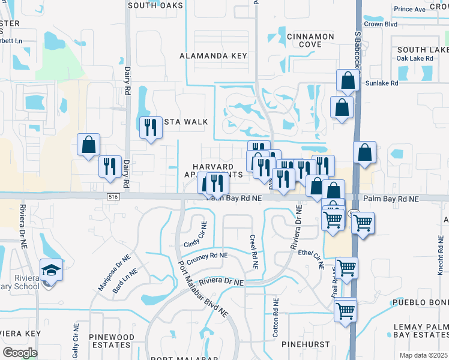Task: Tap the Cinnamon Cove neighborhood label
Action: [310, 40]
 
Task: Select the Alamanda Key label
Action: [214, 56]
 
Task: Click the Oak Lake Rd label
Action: [414, 58]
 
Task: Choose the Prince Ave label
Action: [410, 9]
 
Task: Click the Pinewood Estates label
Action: [109, 341]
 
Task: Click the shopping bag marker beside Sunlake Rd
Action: [348, 80]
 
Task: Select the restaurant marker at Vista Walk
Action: [150, 128]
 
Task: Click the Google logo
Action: [20, 352]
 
